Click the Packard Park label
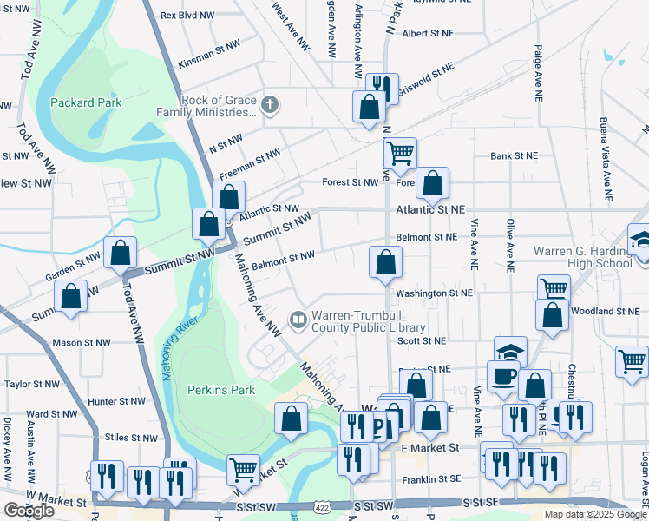85,102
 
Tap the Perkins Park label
221,391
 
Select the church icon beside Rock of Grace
270,106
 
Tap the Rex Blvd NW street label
188,16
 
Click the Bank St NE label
514,156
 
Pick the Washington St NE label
435,293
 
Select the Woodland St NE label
613,311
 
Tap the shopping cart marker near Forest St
400,154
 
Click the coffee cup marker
504,376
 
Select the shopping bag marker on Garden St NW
121,253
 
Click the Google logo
29,511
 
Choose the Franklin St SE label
430,479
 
